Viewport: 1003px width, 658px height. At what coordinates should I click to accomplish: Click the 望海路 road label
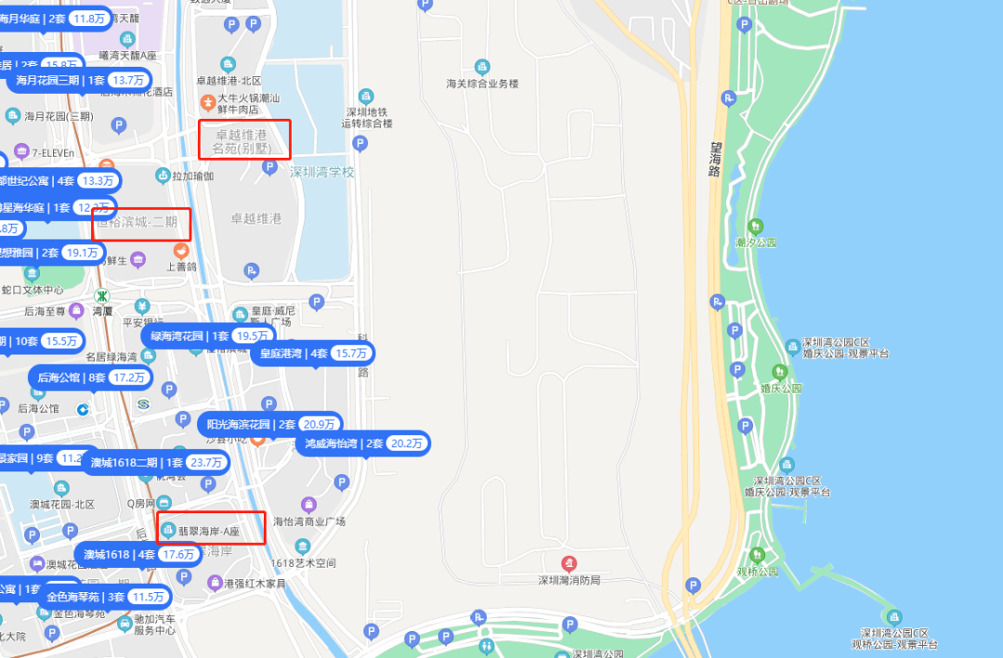click(716, 159)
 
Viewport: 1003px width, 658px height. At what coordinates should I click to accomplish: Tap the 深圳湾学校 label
click(321, 172)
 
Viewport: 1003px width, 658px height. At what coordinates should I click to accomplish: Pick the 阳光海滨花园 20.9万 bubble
click(270, 424)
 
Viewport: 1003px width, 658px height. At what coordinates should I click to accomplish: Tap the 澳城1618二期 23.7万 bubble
click(156, 462)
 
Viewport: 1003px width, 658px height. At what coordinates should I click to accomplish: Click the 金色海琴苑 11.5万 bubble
click(104, 597)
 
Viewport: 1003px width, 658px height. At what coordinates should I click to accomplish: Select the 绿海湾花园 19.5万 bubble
click(210, 336)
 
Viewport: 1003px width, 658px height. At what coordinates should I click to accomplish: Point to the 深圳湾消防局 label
click(569, 580)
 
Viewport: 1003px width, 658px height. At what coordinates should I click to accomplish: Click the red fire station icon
click(569, 562)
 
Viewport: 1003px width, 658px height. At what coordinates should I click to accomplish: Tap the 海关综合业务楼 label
click(482, 84)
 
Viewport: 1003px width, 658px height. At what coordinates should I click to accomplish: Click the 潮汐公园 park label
click(754, 242)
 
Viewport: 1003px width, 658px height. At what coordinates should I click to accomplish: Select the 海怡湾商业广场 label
click(309, 522)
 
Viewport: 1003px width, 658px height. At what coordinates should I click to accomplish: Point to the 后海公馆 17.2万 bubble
click(91, 378)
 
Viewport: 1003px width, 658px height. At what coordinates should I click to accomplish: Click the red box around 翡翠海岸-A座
click(212, 528)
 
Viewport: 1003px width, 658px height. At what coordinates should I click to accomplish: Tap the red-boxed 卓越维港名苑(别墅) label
click(245, 140)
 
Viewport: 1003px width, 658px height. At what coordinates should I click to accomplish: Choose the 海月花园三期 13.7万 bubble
click(81, 80)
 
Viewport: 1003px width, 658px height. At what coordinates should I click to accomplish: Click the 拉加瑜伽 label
click(192, 175)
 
